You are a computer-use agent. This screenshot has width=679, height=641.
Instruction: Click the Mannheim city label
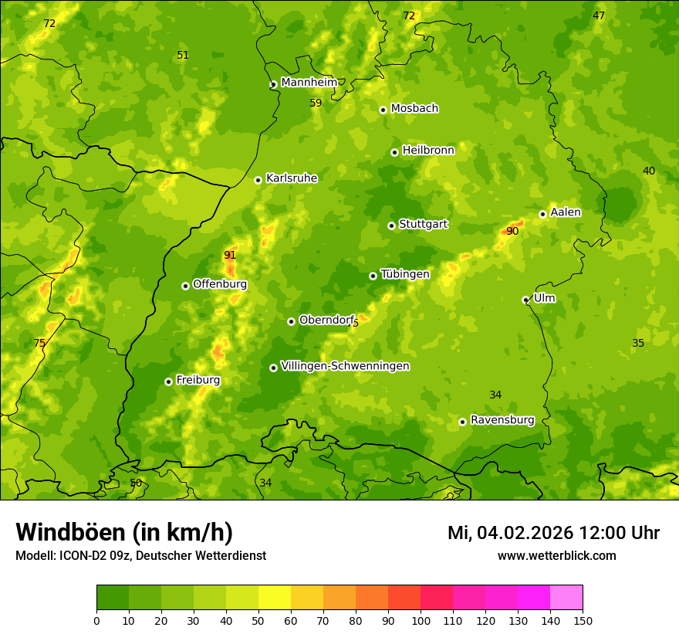click(x=309, y=83)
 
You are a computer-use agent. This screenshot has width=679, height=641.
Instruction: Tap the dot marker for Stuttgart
click(x=391, y=226)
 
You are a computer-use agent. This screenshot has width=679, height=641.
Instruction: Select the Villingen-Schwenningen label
click(x=345, y=366)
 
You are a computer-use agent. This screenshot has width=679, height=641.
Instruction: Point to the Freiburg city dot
click(x=168, y=382)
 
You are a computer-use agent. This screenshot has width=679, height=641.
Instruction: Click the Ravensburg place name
click(x=502, y=420)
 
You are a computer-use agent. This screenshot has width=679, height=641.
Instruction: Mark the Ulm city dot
click(x=525, y=300)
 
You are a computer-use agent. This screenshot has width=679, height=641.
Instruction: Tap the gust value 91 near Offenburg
click(x=230, y=256)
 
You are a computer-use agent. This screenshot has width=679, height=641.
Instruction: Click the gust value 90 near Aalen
click(x=512, y=231)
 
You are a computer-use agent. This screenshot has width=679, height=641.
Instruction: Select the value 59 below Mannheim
click(x=316, y=103)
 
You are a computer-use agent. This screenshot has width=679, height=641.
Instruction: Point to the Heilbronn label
click(x=428, y=151)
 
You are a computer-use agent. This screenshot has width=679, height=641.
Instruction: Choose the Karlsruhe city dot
click(x=258, y=180)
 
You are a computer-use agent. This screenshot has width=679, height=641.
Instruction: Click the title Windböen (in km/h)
click(x=124, y=533)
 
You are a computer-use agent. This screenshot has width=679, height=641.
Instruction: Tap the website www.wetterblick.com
click(x=556, y=555)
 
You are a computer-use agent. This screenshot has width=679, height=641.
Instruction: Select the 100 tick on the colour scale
click(x=421, y=620)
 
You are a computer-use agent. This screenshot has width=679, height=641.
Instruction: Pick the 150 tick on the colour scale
click(x=583, y=620)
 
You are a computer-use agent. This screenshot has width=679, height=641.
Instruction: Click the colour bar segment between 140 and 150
click(x=566, y=597)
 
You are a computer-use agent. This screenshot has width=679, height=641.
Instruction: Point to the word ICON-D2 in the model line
click(x=76, y=556)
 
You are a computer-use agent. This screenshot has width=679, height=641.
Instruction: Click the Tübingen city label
click(x=405, y=274)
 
